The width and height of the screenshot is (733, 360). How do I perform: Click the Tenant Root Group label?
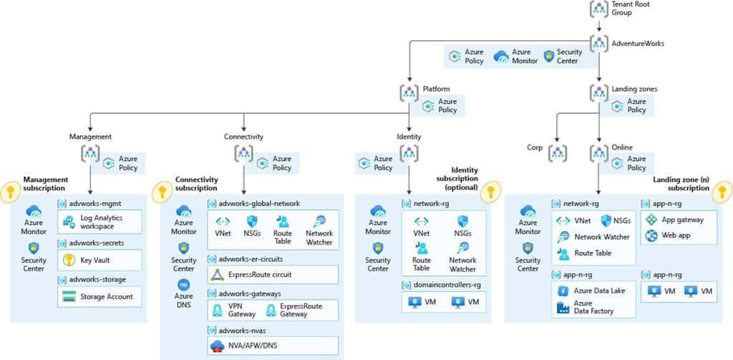(631, 9)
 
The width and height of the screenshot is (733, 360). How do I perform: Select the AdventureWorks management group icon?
(598, 43)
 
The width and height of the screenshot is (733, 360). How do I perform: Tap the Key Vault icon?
(69, 260)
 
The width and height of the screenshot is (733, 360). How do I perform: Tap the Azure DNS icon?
(184, 284)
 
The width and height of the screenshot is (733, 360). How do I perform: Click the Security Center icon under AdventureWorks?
(550, 56)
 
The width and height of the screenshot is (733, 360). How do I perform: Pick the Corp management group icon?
(558, 152)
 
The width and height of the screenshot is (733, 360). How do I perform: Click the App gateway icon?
(651, 220)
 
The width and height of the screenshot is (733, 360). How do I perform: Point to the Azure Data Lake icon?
(563, 291)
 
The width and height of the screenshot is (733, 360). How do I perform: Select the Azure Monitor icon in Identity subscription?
(378, 212)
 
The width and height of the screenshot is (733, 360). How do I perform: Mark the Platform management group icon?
(409, 92)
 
